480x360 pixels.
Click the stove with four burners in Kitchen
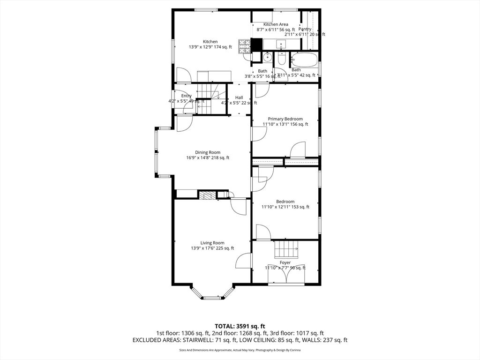[x=244, y=46]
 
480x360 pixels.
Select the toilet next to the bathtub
[x=282, y=59]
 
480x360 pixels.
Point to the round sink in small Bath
[x=266, y=57]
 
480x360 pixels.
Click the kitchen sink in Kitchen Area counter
[x=281, y=45]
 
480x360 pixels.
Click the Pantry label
[x=305, y=29]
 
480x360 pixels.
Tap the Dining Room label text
[x=208, y=152]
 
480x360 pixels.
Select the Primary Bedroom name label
[x=285, y=119]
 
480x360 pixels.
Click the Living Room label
[x=212, y=243]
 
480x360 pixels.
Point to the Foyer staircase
[x=286, y=247]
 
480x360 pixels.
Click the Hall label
[x=239, y=97]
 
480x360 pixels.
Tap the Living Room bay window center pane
[x=212, y=297]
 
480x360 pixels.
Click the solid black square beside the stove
[x=256, y=44]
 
